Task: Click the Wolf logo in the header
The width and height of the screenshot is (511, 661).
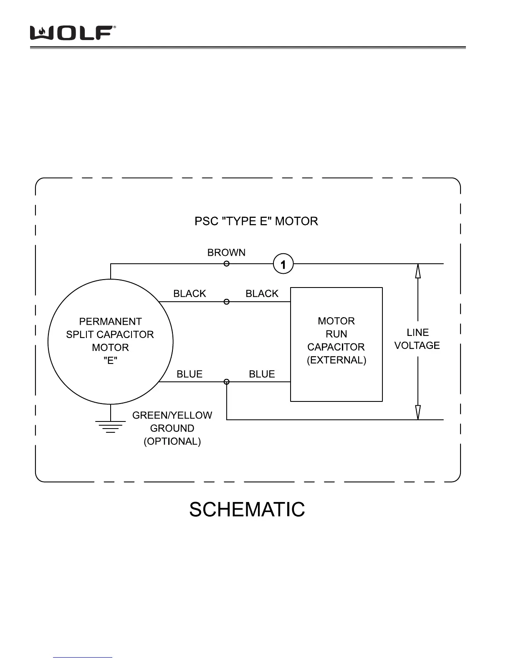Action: coord(72,33)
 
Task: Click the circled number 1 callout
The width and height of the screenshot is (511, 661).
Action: coord(283,264)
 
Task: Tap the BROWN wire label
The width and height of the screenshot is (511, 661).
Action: coord(226,252)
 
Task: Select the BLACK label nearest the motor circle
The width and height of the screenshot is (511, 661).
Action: coord(190,294)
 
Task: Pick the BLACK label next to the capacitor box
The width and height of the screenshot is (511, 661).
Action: coord(262,294)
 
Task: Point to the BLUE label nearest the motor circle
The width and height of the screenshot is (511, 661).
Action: coord(190,374)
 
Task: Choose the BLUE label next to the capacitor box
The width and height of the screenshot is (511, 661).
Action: coord(262,374)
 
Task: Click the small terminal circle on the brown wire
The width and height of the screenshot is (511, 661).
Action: coord(226,264)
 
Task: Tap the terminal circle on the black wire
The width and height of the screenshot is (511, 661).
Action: coord(226,302)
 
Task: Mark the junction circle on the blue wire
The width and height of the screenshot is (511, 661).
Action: coord(227,382)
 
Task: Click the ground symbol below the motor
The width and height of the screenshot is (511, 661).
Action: coord(111,426)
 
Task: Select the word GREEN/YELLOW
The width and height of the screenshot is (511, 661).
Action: coord(172,416)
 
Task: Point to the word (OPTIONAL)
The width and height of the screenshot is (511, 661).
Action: coord(172,442)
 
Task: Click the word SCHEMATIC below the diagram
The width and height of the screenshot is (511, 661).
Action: coord(247,510)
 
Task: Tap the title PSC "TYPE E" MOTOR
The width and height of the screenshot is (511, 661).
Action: coord(256,221)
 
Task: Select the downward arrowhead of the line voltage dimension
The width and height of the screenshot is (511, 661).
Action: coord(418,413)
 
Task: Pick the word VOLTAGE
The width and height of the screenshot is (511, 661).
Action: coord(417,346)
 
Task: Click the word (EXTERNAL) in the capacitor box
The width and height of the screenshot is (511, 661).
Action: coord(336,360)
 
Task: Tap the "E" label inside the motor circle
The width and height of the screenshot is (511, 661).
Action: coord(110,361)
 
